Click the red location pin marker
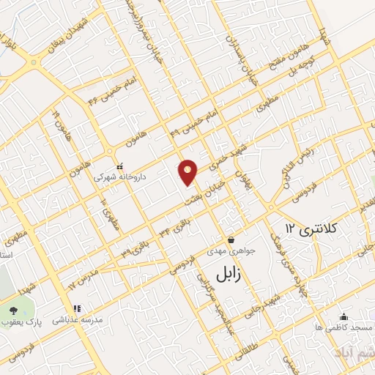point(188,172)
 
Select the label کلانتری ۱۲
point(308,230)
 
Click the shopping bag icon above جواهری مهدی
point(231,240)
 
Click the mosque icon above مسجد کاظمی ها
point(343,316)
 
